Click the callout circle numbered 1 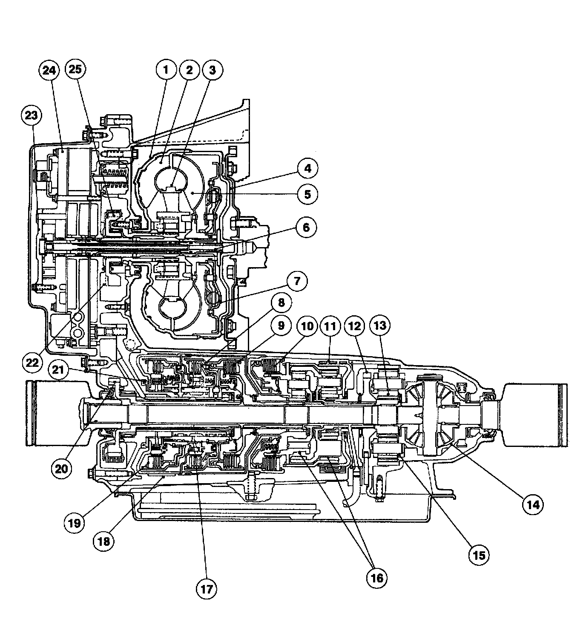pos(166,70)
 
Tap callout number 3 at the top pos(212,70)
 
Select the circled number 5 pos(307,194)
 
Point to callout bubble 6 pos(306,227)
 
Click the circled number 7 pos(297,281)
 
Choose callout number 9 pos(281,326)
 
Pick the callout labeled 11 pos(330,326)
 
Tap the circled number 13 pos(380,326)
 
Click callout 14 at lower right pos(533,504)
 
